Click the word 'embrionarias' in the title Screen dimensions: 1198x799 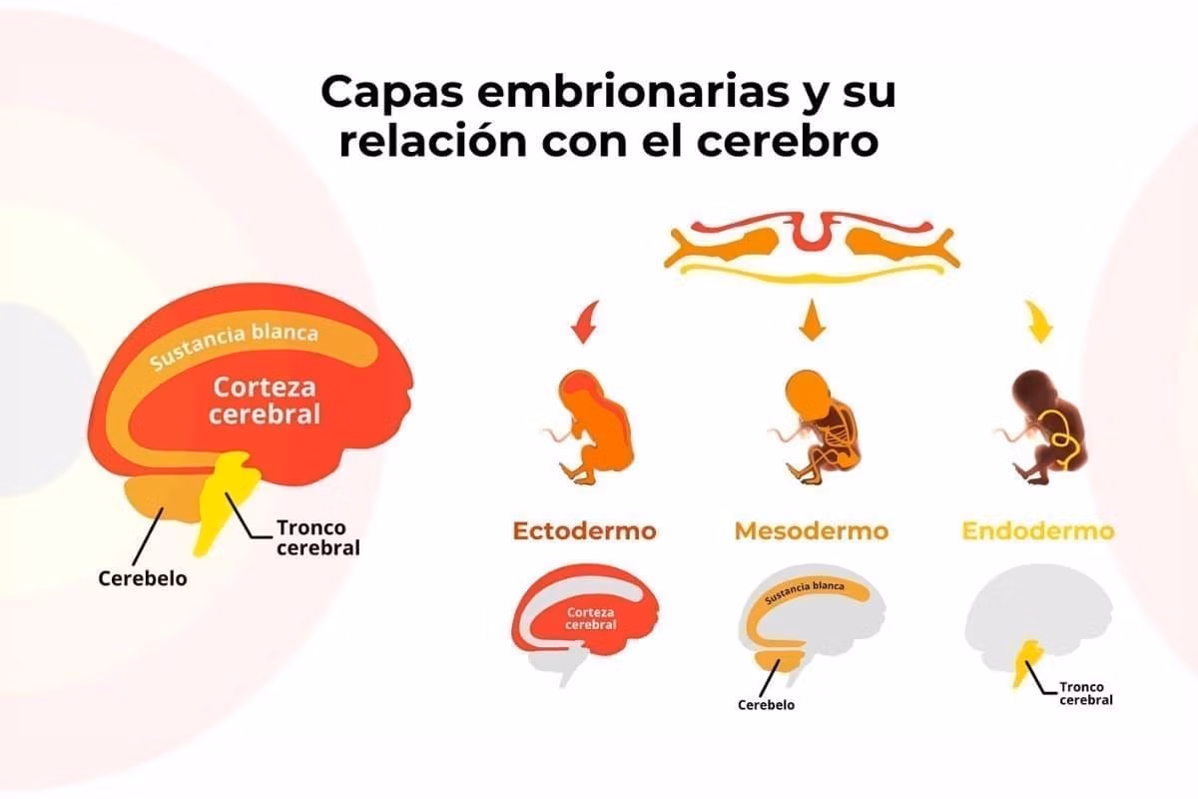pos(633,92)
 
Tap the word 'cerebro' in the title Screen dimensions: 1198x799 pos(788,140)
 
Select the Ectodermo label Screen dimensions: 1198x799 pos(585,531)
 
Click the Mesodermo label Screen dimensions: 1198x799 pos(812,531)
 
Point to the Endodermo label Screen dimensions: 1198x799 pos(1038,531)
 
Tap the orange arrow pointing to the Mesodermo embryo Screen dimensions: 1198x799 pos(812,320)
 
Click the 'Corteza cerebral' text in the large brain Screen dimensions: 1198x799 pos(265,400)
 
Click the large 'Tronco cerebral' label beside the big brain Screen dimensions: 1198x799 pos(318,538)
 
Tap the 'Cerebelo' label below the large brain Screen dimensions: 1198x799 pos(143,578)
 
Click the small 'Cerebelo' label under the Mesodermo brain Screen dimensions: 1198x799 pos(766,705)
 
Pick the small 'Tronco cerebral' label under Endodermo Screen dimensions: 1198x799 pos(1086,693)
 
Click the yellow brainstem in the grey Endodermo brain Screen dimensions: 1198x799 pos(1027,662)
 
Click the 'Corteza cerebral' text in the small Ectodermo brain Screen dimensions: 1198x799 pos(590,618)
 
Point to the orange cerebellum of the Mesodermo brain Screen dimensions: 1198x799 pos(780,662)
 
